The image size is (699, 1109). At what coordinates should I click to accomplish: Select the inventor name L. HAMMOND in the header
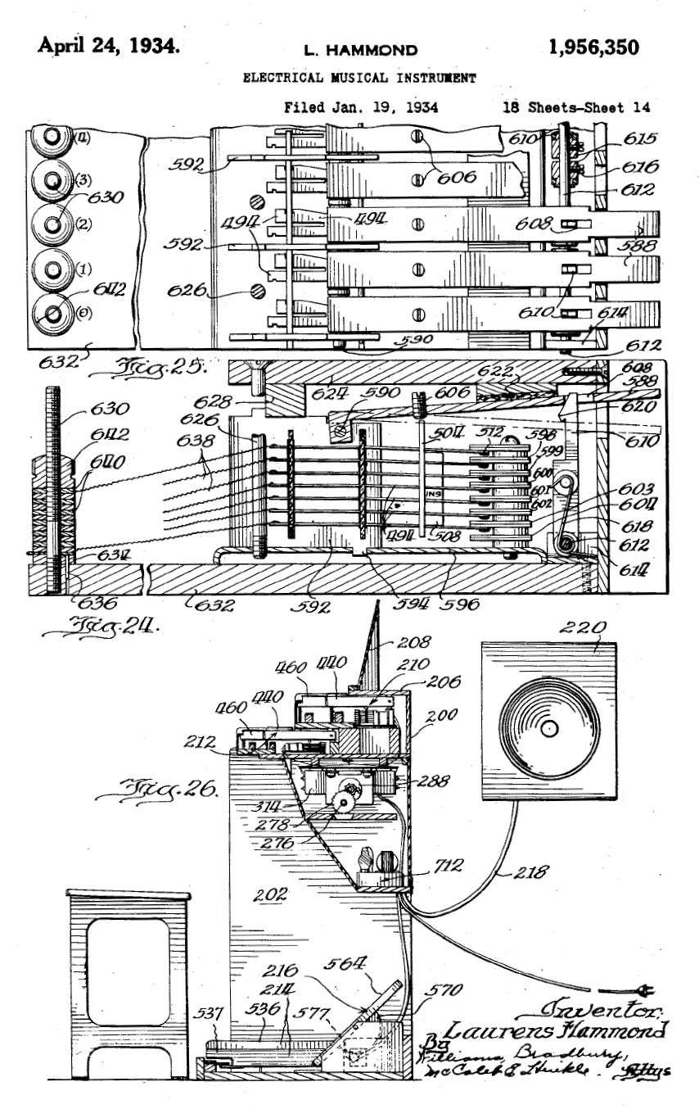(x=360, y=50)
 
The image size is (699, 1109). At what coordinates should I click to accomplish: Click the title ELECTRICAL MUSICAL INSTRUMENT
(x=360, y=79)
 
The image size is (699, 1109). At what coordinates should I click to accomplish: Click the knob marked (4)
(x=48, y=142)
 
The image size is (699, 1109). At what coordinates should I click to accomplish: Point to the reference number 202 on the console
(x=269, y=894)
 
